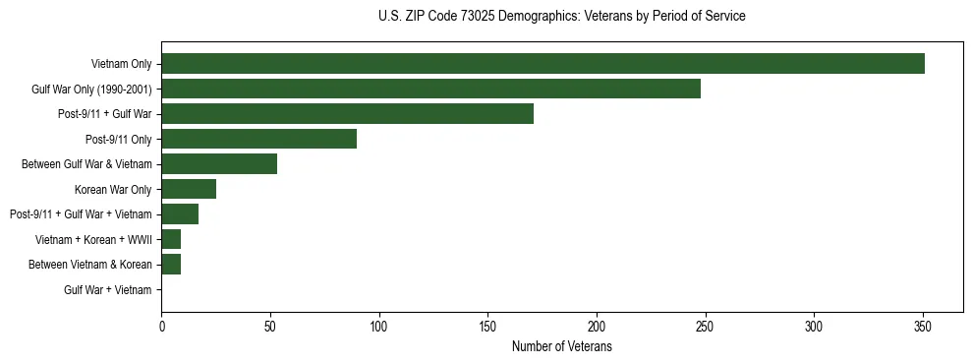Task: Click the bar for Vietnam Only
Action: [x=543, y=64]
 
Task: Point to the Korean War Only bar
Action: [x=189, y=189]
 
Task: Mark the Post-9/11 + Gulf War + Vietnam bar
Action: [x=180, y=214]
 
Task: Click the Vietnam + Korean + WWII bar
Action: [x=171, y=239]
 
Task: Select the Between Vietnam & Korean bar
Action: [x=171, y=265]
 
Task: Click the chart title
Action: [x=561, y=17]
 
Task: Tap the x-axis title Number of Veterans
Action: [x=561, y=346]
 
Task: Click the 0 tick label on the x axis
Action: [x=161, y=327]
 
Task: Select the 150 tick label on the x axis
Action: [x=487, y=327]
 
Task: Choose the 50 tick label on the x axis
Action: [x=270, y=327]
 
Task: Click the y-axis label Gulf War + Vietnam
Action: [x=108, y=289]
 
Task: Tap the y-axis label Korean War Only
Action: [x=113, y=189]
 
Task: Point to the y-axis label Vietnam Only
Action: [x=121, y=64]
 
